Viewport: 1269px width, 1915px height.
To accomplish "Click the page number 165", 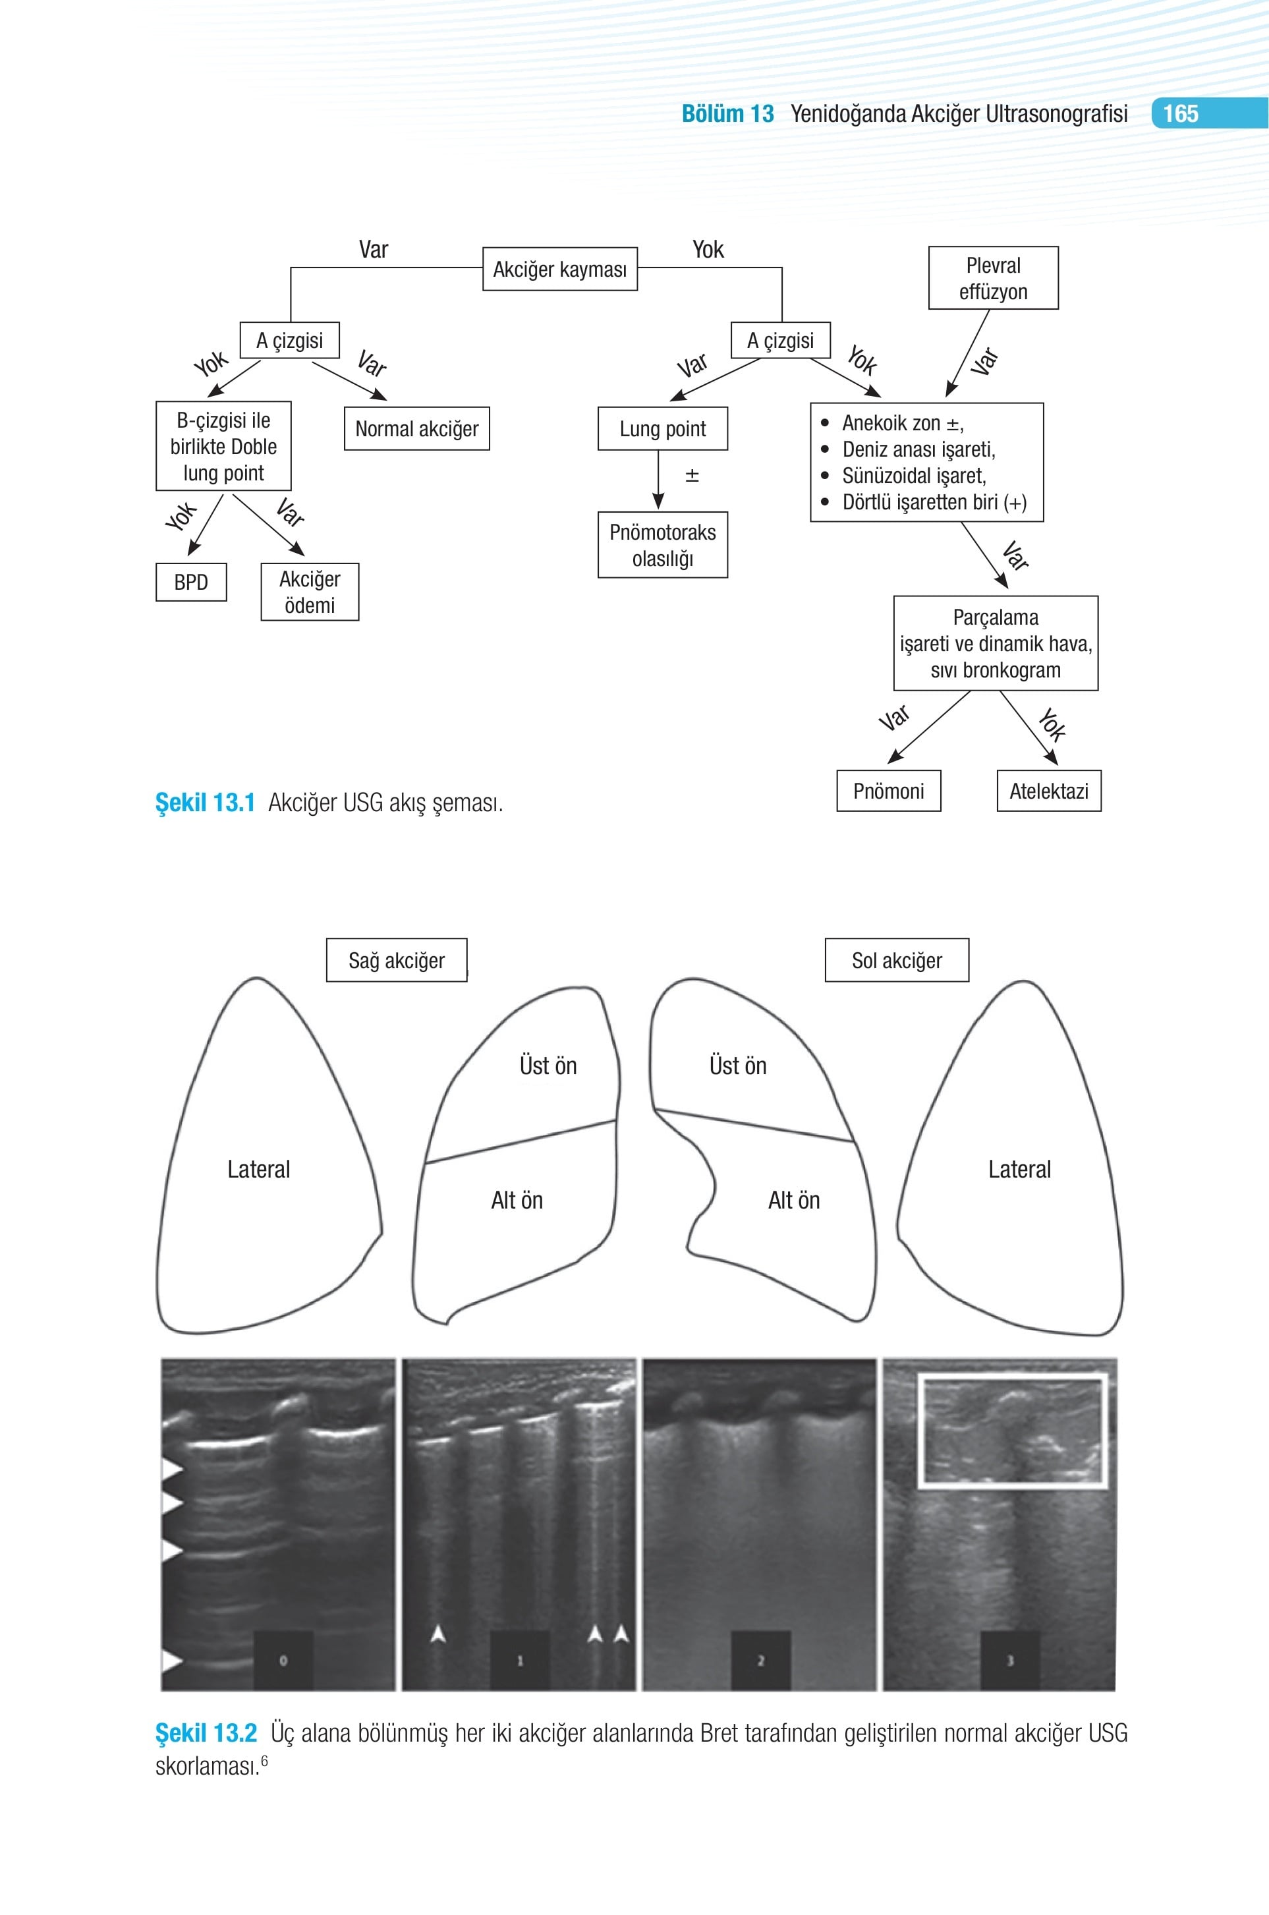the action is tap(1180, 113).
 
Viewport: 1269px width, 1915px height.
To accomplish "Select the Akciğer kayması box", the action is tap(560, 269).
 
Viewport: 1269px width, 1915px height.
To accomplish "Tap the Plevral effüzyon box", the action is tap(993, 277).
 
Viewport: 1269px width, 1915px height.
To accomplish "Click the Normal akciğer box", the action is tap(417, 428).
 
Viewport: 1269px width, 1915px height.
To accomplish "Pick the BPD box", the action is tap(191, 582).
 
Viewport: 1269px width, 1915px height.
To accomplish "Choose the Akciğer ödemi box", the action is tap(310, 592).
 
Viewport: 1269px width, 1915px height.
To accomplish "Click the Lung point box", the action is tap(663, 428).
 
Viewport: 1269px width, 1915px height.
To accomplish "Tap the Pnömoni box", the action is tap(889, 791).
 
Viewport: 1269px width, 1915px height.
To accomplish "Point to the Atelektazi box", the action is tap(1049, 791).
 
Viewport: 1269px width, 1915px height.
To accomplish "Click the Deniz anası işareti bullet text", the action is tap(918, 449).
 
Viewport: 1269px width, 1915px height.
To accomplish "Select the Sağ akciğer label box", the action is tap(397, 960).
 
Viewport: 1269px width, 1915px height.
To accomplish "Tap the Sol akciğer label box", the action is tap(897, 960).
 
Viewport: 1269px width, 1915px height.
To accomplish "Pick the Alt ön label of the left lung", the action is tap(794, 1199).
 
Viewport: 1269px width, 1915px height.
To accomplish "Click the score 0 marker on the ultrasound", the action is tap(283, 1660).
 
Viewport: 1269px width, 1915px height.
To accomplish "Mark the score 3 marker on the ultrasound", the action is tap(1009, 1660).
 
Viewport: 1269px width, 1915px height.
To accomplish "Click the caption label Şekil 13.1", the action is tap(205, 803).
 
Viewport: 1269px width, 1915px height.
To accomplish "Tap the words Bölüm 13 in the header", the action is tap(727, 113).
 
